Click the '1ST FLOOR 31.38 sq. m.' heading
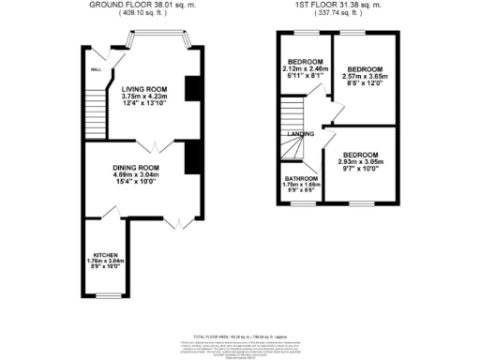click(338, 5)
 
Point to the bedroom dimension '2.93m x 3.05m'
click(359, 162)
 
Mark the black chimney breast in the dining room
click(191, 154)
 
